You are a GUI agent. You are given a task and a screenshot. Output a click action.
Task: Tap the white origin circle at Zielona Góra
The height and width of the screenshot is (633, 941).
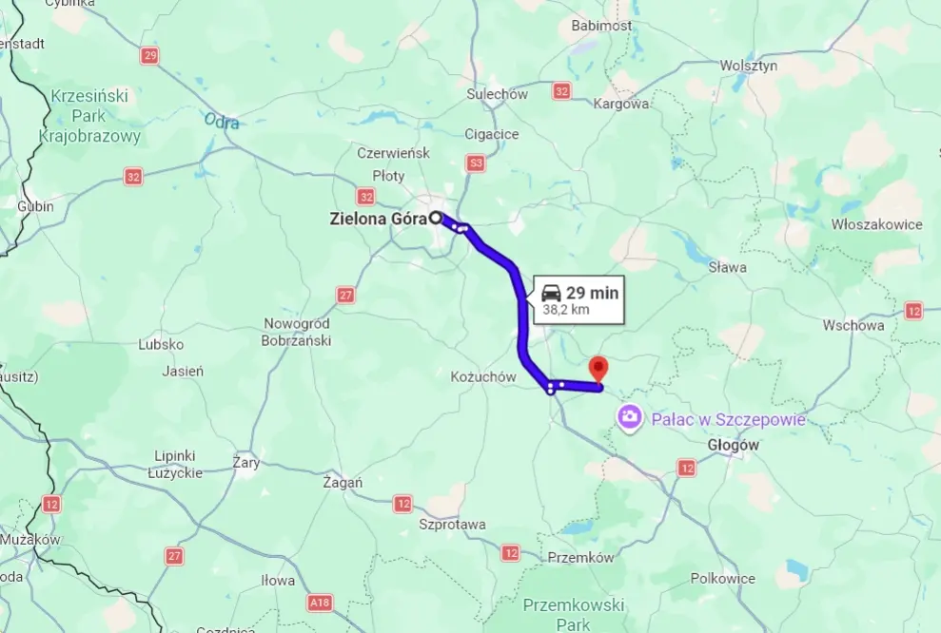(436, 218)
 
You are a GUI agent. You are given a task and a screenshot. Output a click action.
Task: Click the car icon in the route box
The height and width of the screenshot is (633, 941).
(551, 293)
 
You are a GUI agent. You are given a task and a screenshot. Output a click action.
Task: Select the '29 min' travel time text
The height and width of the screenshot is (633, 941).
(592, 293)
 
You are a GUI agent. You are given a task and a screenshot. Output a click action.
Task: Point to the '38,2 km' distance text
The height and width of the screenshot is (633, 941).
(567, 310)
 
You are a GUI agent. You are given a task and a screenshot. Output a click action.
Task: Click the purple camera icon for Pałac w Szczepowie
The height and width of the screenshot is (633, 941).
(629, 416)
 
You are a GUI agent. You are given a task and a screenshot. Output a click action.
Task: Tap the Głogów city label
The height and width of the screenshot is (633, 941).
(734, 445)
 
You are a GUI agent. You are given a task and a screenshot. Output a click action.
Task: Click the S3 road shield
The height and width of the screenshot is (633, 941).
(476, 163)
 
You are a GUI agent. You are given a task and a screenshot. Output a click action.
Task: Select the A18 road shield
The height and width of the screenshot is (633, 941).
(320, 602)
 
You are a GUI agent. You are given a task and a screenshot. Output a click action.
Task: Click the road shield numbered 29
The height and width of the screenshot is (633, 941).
(149, 56)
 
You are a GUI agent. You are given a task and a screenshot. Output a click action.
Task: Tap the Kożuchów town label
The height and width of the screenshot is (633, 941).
(482, 377)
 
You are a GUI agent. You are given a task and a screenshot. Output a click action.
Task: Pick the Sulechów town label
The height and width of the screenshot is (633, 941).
(497, 94)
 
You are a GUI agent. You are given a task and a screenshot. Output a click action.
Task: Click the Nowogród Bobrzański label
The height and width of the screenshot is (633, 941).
(297, 332)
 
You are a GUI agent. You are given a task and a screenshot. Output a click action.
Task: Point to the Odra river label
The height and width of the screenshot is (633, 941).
(221, 121)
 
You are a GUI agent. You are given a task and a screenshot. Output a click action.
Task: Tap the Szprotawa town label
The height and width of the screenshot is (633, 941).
(452, 525)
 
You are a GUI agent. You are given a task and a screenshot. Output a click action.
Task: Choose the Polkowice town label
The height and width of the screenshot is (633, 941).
(722, 578)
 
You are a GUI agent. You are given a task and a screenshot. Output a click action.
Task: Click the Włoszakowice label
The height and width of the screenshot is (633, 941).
(876, 224)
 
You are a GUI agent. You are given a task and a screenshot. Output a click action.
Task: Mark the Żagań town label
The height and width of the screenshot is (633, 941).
(343, 482)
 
